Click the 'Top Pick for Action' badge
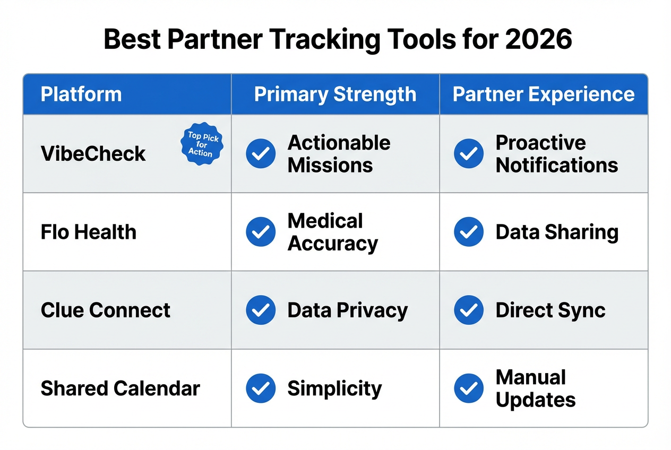[x=203, y=143]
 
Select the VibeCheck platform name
[x=93, y=154]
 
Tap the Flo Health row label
[x=89, y=232]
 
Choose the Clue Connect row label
[x=106, y=310]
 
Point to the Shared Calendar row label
[x=120, y=388]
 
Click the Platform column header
[x=81, y=94]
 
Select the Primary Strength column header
[x=335, y=94]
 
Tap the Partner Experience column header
[x=544, y=94]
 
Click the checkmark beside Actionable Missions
[x=261, y=154]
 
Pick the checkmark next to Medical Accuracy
[x=261, y=232]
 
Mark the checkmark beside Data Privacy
[x=261, y=310]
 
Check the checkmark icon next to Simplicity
[x=261, y=388]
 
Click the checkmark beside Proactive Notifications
[x=469, y=154]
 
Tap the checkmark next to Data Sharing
[x=469, y=232]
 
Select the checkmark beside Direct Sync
[x=469, y=310]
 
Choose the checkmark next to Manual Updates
[x=469, y=388]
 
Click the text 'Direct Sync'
[x=550, y=310]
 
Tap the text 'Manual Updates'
[x=536, y=388]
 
